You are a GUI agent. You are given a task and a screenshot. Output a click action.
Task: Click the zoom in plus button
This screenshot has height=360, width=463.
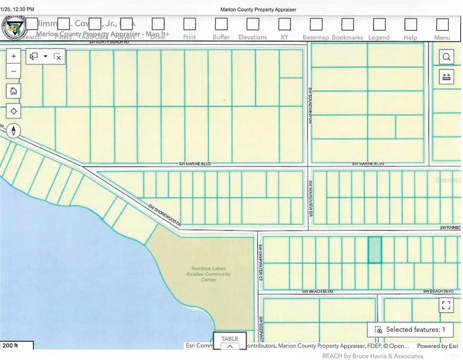[x=14, y=56]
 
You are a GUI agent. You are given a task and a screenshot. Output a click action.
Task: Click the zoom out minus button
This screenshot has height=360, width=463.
[x=14, y=71]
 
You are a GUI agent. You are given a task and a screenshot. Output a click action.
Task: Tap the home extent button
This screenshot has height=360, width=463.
[x=14, y=91]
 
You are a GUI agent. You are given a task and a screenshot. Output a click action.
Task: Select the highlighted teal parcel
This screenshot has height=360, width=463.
[x=375, y=250]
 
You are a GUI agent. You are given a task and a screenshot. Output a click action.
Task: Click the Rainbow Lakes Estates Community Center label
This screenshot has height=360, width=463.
[x=209, y=274]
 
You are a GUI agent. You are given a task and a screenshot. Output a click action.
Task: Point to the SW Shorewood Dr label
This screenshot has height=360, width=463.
[x=166, y=215]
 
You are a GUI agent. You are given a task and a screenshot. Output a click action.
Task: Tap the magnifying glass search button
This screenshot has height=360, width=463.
[x=446, y=57]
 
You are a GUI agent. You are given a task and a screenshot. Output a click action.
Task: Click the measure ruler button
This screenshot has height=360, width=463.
[x=446, y=77]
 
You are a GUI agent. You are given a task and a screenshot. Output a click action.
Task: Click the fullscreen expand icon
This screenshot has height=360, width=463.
[x=446, y=306]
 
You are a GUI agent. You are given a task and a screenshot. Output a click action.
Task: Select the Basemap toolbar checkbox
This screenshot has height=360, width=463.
[x=316, y=24]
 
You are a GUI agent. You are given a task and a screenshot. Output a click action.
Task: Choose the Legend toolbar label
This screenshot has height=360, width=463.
[x=379, y=37]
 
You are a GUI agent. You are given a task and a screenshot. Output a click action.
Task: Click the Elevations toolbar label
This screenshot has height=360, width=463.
[x=253, y=37]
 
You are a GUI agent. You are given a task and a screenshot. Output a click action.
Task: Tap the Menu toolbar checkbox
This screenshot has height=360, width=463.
[x=442, y=24]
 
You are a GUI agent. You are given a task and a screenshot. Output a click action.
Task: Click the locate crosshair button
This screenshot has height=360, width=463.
[x=14, y=112]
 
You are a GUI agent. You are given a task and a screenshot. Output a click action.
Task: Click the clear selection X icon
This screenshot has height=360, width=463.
[x=57, y=57]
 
